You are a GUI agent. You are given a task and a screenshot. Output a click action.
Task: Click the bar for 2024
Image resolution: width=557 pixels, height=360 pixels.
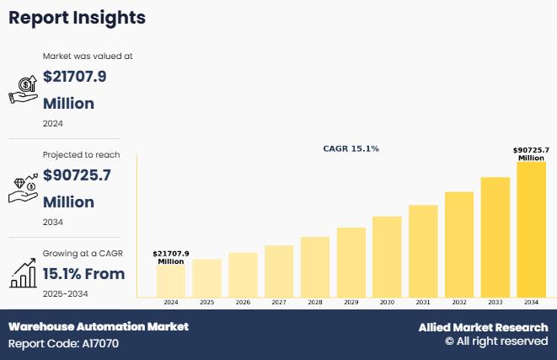pos(171,281)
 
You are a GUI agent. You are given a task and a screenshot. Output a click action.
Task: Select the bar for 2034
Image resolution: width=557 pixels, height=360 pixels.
pos(531,229)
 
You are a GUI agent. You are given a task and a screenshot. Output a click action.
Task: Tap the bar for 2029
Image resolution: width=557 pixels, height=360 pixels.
pos(351,262)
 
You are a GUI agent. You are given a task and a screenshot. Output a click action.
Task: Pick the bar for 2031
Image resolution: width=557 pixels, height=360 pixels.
pos(423,250)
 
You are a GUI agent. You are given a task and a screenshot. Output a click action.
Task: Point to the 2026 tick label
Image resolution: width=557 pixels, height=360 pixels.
pos(243,302)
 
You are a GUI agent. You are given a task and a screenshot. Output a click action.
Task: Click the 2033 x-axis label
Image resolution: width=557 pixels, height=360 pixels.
pos(495,302)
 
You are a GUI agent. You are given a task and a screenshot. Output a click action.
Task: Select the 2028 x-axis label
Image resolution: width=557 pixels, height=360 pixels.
pos(315,302)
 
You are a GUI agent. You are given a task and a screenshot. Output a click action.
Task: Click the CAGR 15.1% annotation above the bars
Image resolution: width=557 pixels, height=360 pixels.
pos(351,148)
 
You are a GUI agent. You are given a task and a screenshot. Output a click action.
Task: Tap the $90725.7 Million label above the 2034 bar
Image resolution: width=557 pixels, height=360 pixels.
pos(531,153)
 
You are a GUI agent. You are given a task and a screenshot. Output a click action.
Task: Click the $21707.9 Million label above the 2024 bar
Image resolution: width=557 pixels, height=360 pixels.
pos(171,257)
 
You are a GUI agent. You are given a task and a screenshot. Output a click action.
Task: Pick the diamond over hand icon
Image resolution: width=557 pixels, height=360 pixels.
pos(23,188)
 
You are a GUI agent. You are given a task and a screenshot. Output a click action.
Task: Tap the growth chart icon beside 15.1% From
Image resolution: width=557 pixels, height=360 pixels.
pos(23,273)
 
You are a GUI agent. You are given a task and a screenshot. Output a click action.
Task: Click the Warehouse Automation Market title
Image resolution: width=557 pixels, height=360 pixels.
pos(99,326)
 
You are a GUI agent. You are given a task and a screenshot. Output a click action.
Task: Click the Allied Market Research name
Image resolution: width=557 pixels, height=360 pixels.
pos(483,327)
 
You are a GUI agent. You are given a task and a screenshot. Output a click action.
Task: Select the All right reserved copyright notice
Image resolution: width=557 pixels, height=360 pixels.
pos(496,341)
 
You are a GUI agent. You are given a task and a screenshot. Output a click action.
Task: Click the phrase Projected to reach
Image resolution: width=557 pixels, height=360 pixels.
pos(81,154)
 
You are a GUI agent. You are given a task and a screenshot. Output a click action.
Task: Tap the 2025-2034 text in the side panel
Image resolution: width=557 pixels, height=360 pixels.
pos(65,293)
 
